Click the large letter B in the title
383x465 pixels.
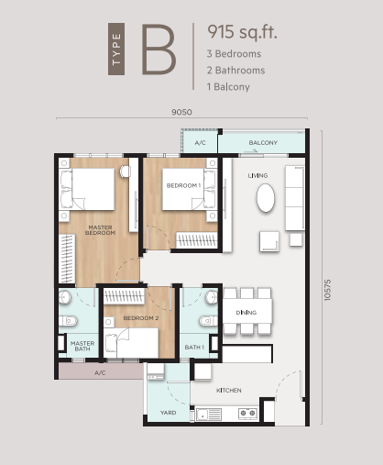pos(159,50)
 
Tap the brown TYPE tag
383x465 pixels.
pos(116,49)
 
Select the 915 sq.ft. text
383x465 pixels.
pos(242,32)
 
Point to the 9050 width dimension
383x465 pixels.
pos(181,112)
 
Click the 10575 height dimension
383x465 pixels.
pos(327,290)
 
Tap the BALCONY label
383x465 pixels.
pos(263,143)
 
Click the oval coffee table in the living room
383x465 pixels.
pos(266,198)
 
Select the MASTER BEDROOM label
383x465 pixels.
pos(100,230)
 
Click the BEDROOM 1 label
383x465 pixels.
pos(183,185)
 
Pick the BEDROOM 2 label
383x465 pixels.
pos(141,318)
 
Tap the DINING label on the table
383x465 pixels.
pos(246,313)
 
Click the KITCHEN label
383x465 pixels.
pos(229,391)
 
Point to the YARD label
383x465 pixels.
pos(168,413)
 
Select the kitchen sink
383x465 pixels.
pos(209,415)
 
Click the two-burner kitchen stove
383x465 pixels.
pos(247,414)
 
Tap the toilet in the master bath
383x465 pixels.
pos(68,321)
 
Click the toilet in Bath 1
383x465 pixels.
pos(209,321)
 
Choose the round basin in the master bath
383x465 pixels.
pos(65,296)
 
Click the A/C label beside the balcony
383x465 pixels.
pos(200,143)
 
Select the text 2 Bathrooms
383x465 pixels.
pos(235,71)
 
